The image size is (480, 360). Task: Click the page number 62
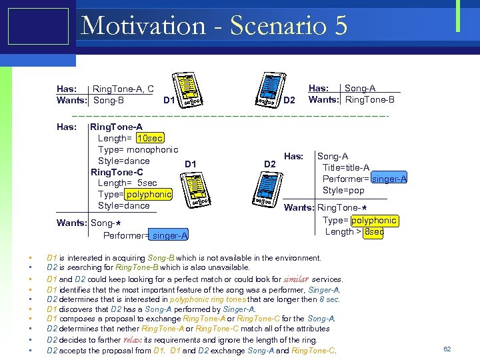447,349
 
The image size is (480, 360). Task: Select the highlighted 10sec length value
149,139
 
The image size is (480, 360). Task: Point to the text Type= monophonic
138,150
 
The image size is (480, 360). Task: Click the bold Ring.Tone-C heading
117,173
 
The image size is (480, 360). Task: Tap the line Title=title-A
346,167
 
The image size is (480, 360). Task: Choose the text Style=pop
343,191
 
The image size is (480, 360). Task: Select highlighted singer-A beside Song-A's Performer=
390,179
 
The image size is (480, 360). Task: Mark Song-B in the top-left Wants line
109,101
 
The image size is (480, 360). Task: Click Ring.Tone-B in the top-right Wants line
369,100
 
